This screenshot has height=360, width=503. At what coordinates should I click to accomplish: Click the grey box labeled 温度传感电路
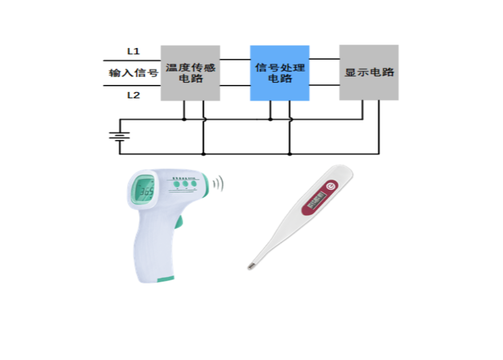click(x=190, y=73)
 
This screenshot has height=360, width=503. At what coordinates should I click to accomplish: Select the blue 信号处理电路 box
click(x=280, y=73)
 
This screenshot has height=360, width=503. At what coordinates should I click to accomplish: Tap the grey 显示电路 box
click(x=369, y=73)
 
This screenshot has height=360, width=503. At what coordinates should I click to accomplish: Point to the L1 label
click(x=134, y=51)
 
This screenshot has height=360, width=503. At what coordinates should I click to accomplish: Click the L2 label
click(x=134, y=95)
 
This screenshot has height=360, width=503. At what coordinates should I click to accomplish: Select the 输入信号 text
click(x=133, y=73)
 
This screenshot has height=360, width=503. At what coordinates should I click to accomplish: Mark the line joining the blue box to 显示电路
click(x=324, y=85)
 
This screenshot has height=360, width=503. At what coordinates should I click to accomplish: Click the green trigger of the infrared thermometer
click(x=179, y=222)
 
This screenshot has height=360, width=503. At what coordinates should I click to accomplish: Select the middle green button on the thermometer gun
click(x=185, y=185)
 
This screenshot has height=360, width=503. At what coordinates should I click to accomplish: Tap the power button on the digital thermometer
click(x=330, y=186)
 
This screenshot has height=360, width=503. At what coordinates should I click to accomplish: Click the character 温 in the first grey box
click(x=170, y=68)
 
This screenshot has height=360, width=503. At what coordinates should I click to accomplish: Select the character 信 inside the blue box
click(x=260, y=68)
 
